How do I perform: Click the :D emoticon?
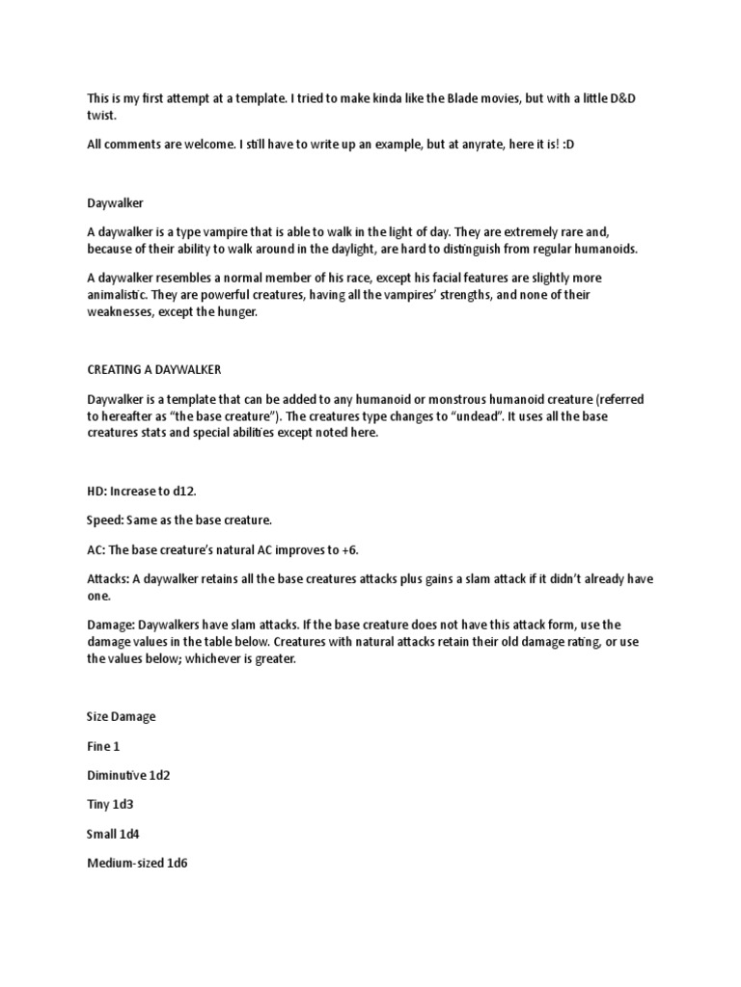coord(571,143)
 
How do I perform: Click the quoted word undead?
coord(443,416)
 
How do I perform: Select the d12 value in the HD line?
coord(182,491)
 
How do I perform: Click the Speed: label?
coord(108,520)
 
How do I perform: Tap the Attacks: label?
coord(108,578)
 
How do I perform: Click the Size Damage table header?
coord(121,717)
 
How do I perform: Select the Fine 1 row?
coord(103,746)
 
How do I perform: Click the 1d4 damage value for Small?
coord(141,833)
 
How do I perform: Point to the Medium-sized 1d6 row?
coord(136,863)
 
